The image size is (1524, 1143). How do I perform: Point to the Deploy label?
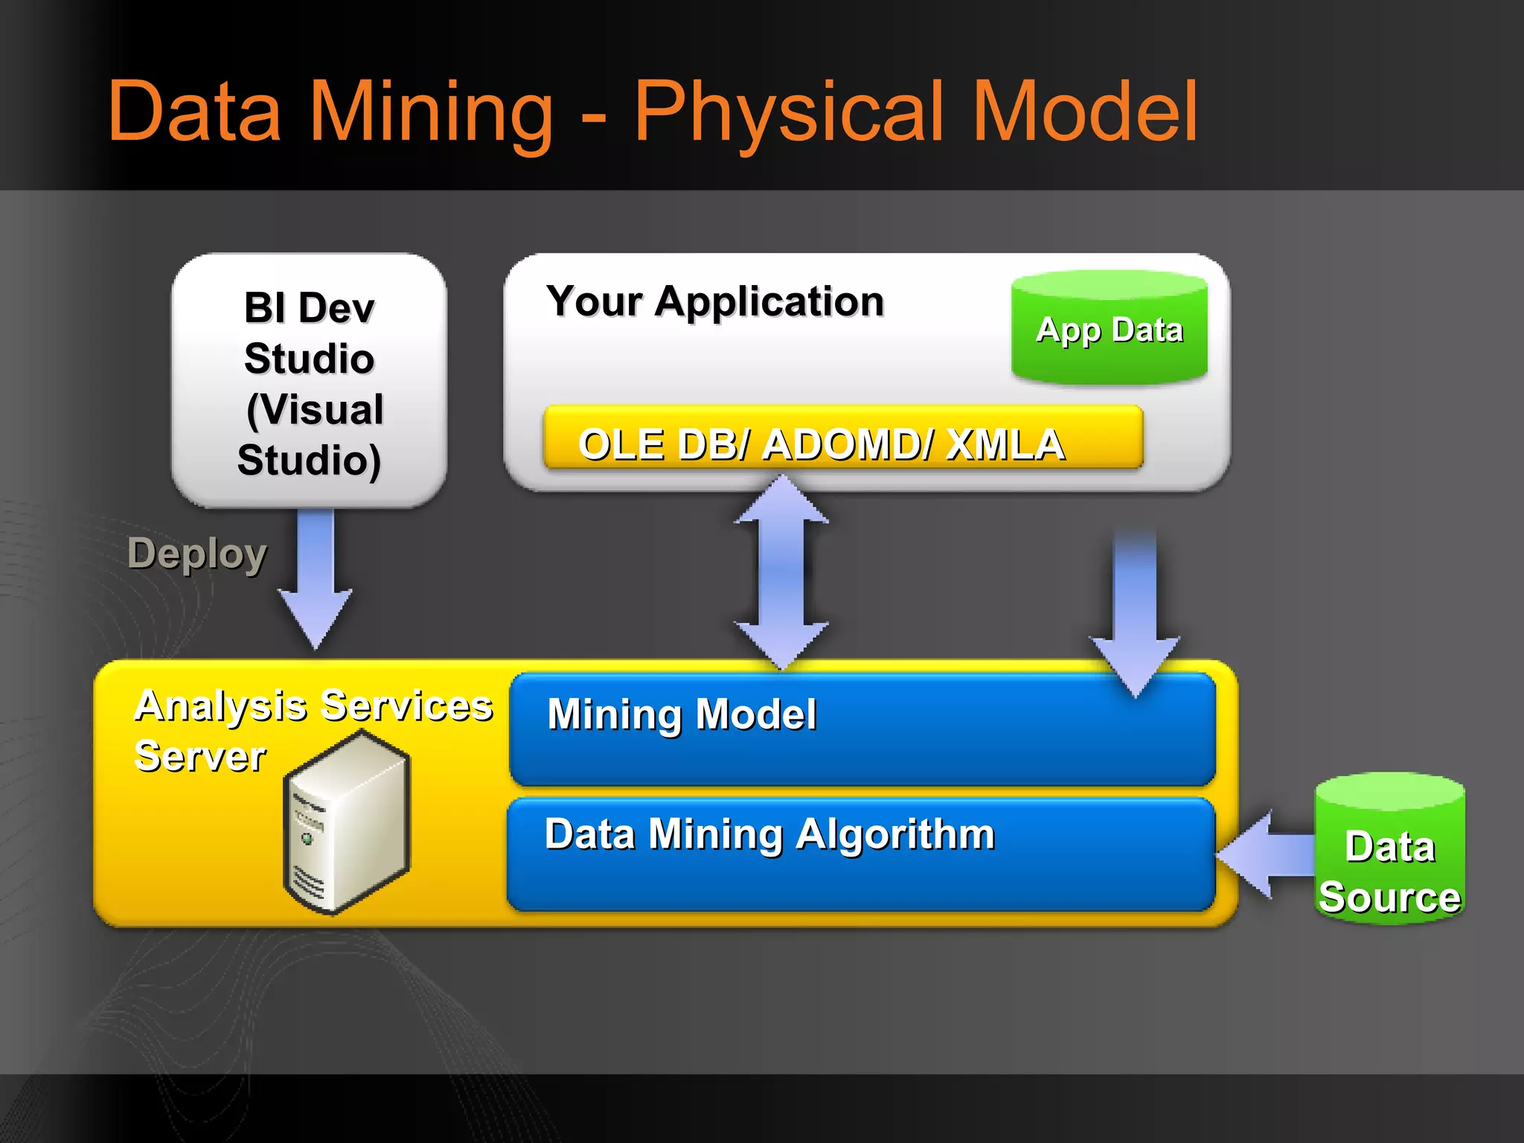tap(196, 554)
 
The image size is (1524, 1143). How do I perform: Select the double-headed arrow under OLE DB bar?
tap(781, 573)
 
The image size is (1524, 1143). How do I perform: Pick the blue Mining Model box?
tap(863, 729)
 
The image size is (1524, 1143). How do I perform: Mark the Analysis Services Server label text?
tap(313, 729)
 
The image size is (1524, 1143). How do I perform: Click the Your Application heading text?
tap(715, 301)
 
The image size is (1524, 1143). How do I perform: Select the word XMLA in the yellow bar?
tap(1005, 445)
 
